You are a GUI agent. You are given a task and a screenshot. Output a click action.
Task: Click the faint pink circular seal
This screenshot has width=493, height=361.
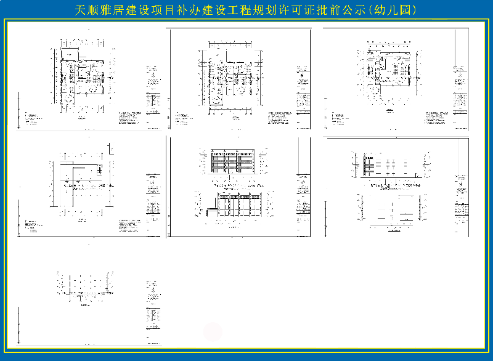point(213,331)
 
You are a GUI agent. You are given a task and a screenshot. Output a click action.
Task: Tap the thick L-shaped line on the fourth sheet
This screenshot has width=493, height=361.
point(74,182)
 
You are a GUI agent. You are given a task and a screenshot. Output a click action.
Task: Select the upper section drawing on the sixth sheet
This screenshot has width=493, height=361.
point(388,165)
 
